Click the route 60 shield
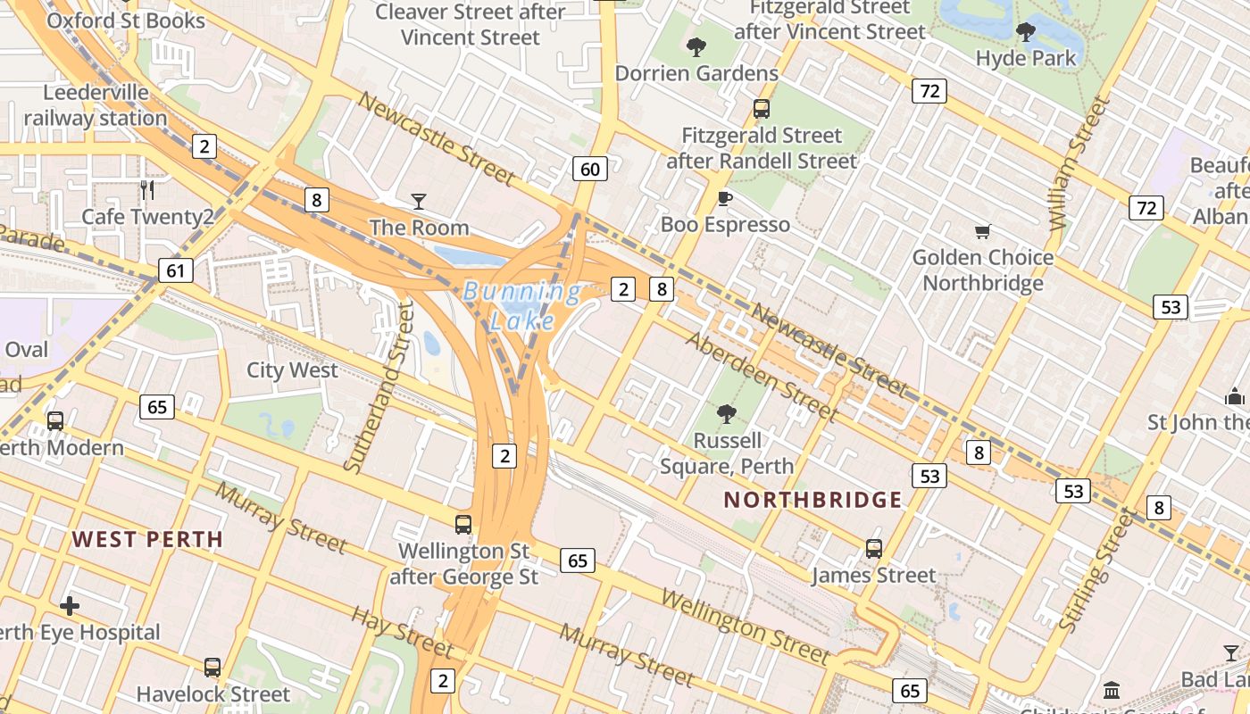coord(590,168)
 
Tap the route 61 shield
coord(176,270)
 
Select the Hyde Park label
coord(1025,58)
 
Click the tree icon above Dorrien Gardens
coord(696,47)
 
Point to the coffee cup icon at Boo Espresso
coord(724,198)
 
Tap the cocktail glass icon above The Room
coord(418,202)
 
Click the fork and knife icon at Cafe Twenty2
coord(147,190)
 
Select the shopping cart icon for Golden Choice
coord(982,232)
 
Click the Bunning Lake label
coord(521,305)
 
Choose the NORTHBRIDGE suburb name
coord(812,500)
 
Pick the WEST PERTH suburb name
coord(147,539)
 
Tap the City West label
coord(292,370)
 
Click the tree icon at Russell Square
coord(727,413)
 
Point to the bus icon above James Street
coord(873,549)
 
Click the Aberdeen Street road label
coord(761,377)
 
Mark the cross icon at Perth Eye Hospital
coord(70,606)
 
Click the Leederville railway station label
coord(96,105)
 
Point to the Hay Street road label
coord(403,631)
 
